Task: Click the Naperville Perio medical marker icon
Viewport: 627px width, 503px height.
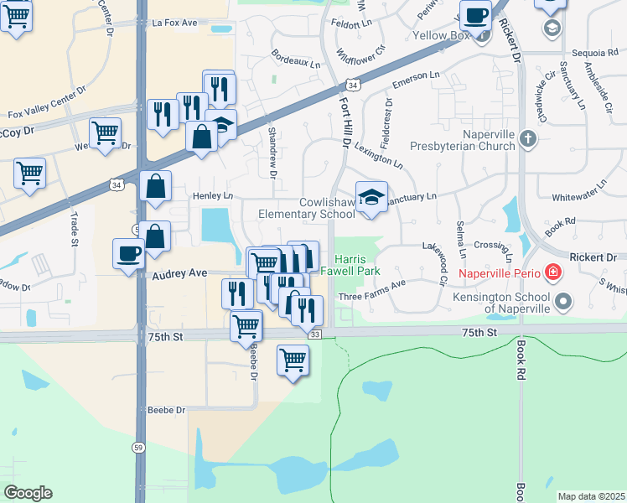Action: (x=552, y=272)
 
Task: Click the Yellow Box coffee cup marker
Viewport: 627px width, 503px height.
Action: (x=476, y=15)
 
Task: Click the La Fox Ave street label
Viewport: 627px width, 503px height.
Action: (x=175, y=23)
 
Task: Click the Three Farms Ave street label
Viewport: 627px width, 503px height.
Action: (x=371, y=297)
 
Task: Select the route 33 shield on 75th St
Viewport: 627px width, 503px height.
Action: (x=315, y=334)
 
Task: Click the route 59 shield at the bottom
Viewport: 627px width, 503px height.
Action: (x=137, y=472)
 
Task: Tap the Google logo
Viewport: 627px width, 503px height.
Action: (x=28, y=493)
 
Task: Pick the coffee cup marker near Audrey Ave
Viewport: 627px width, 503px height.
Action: (x=128, y=254)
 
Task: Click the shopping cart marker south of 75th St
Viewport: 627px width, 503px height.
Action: (x=293, y=360)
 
